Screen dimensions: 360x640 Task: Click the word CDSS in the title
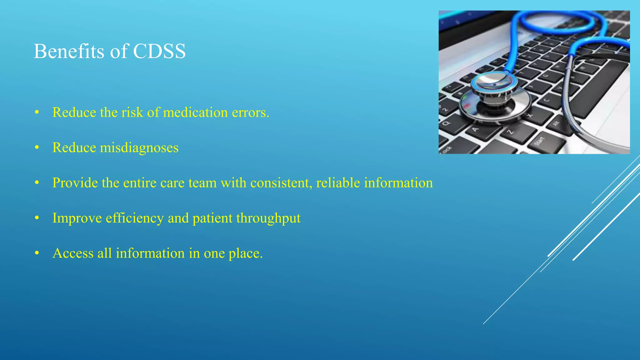159,51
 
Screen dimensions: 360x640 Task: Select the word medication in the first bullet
195,112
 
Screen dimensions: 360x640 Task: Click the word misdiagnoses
139,148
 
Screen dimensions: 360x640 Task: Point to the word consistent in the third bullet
281,183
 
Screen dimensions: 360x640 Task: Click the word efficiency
135,218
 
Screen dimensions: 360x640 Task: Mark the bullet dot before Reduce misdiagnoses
37,147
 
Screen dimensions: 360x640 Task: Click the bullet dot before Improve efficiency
37,218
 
